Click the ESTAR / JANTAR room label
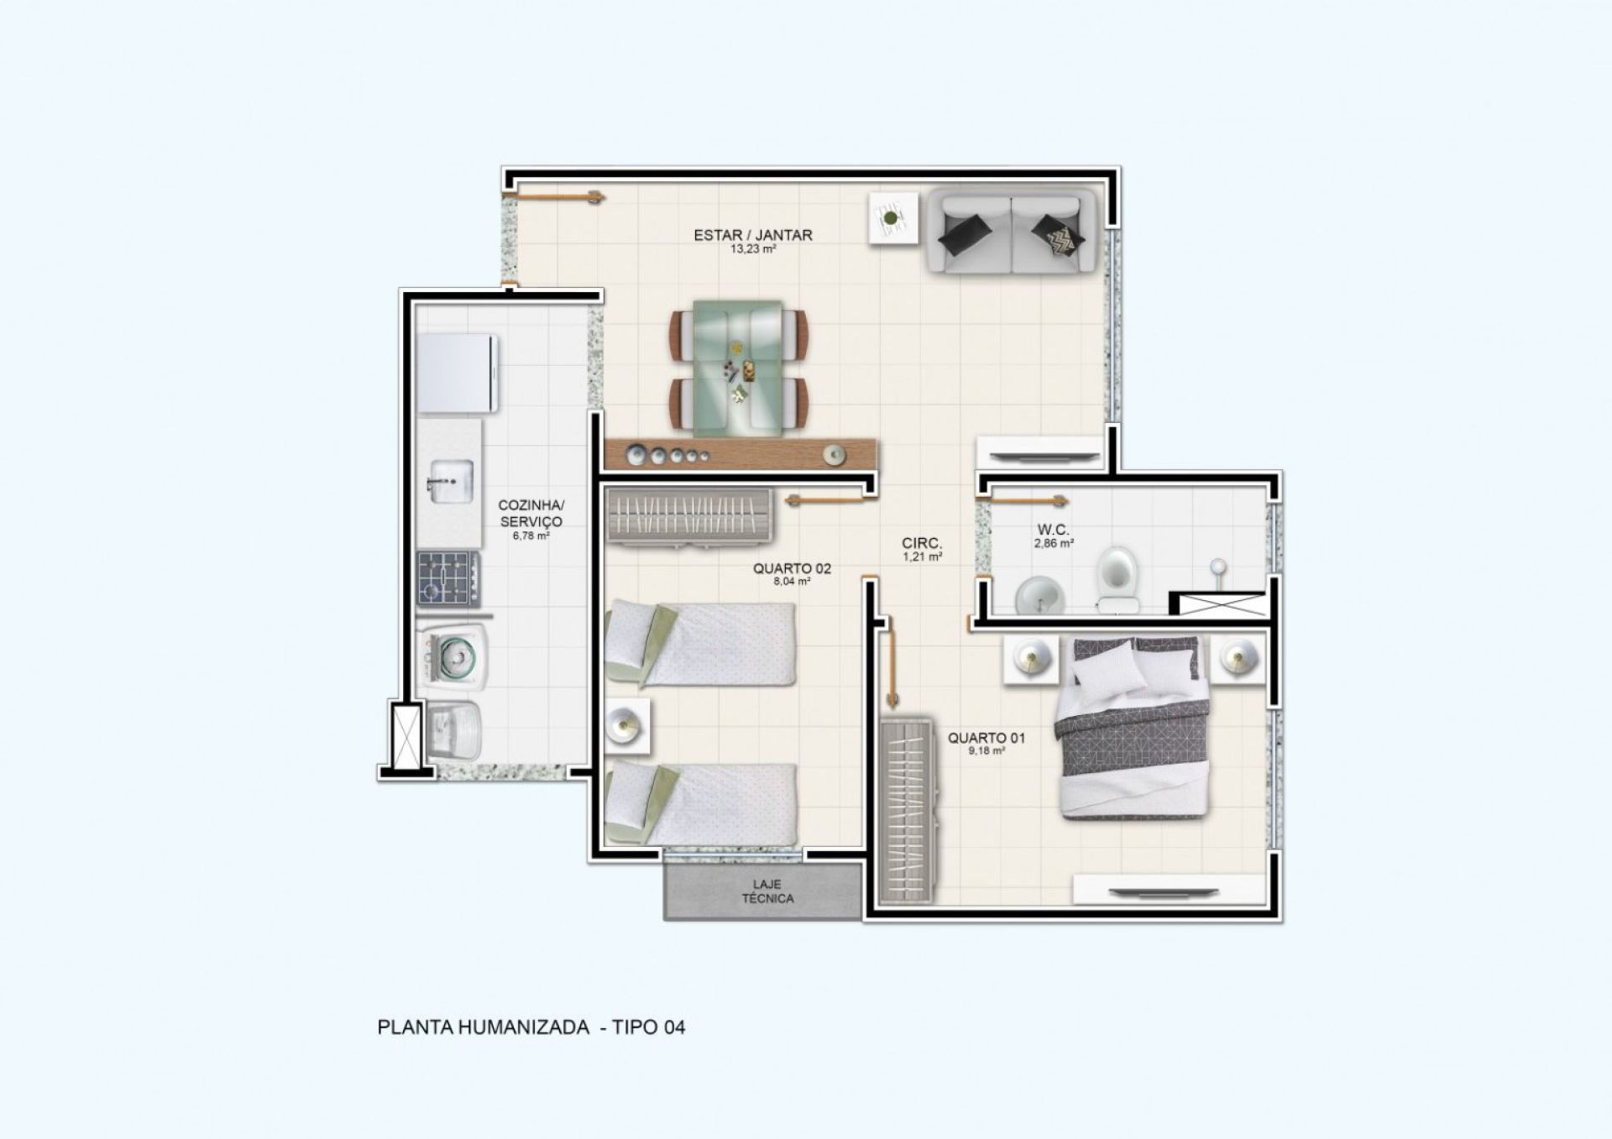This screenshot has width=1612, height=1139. point(753,235)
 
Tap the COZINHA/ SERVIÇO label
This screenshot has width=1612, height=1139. point(531,513)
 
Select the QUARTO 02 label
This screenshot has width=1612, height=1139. point(792,568)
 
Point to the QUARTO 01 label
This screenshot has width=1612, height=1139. point(987,738)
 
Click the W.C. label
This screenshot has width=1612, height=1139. point(1054,530)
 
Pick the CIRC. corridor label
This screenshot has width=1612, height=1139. point(922,542)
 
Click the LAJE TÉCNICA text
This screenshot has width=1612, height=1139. point(767,891)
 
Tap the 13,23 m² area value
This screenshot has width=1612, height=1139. point(753,248)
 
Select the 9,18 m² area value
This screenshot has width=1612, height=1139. point(987,751)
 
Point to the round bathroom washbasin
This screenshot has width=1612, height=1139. point(1040,595)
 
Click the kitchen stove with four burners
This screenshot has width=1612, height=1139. point(449,578)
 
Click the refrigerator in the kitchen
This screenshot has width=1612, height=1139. point(458,374)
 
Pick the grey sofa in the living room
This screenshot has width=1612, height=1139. point(1012,231)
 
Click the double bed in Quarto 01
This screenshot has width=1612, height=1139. point(1133,728)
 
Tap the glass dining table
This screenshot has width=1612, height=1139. point(738,368)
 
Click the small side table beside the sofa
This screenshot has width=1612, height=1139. point(892,218)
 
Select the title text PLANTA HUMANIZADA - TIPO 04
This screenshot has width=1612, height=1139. point(531,1027)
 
